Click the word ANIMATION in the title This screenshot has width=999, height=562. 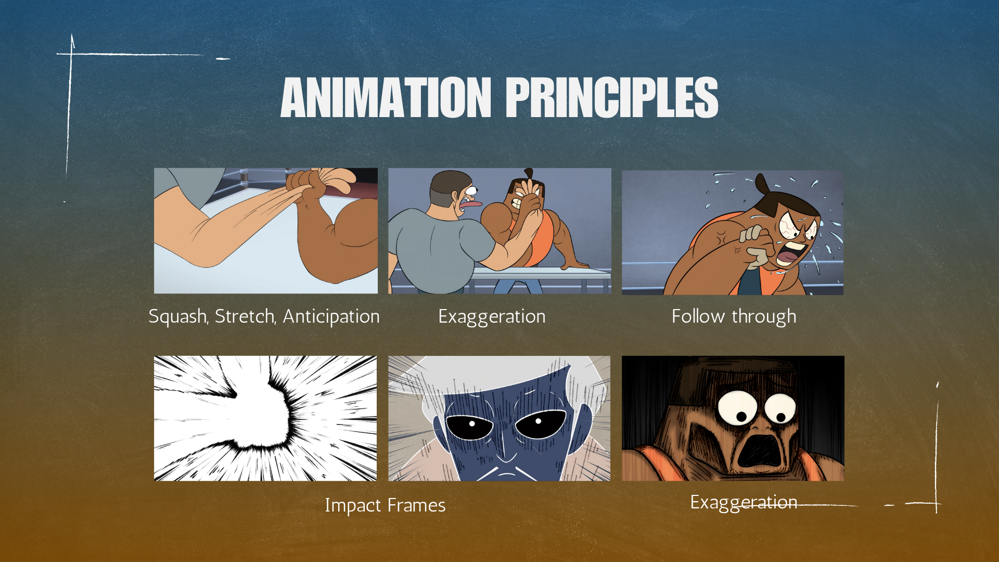tap(386, 97)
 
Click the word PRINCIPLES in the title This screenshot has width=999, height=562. tap(612, 97)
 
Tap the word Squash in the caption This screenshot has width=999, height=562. tap(178, 316)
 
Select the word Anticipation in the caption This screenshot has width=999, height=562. tap(331, 316)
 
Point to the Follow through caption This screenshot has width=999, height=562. tap(734, 316)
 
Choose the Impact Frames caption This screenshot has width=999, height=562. tap(385, 505)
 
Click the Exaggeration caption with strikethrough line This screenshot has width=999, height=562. tap(744, 503)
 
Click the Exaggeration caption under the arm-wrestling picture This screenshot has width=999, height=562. tap(492, 316)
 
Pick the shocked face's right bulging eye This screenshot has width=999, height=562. tap(780, 409)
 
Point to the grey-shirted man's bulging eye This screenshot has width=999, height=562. tap(471, 190)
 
